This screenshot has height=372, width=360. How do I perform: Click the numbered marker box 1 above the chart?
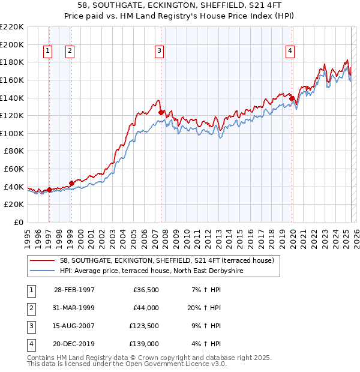point(47,52)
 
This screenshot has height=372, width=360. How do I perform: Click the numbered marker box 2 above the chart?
point(70,52)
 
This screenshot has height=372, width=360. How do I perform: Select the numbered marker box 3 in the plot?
point(159,52)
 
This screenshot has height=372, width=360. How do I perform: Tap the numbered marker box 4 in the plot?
point(290,52)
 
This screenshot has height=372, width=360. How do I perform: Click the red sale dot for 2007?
point(161,112)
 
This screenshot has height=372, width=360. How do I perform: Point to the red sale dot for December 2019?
point(292,98)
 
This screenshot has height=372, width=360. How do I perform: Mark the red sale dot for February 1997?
point(50,190)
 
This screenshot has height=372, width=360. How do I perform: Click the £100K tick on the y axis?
point(12,133)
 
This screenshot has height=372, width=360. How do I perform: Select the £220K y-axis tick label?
point(12,27)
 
